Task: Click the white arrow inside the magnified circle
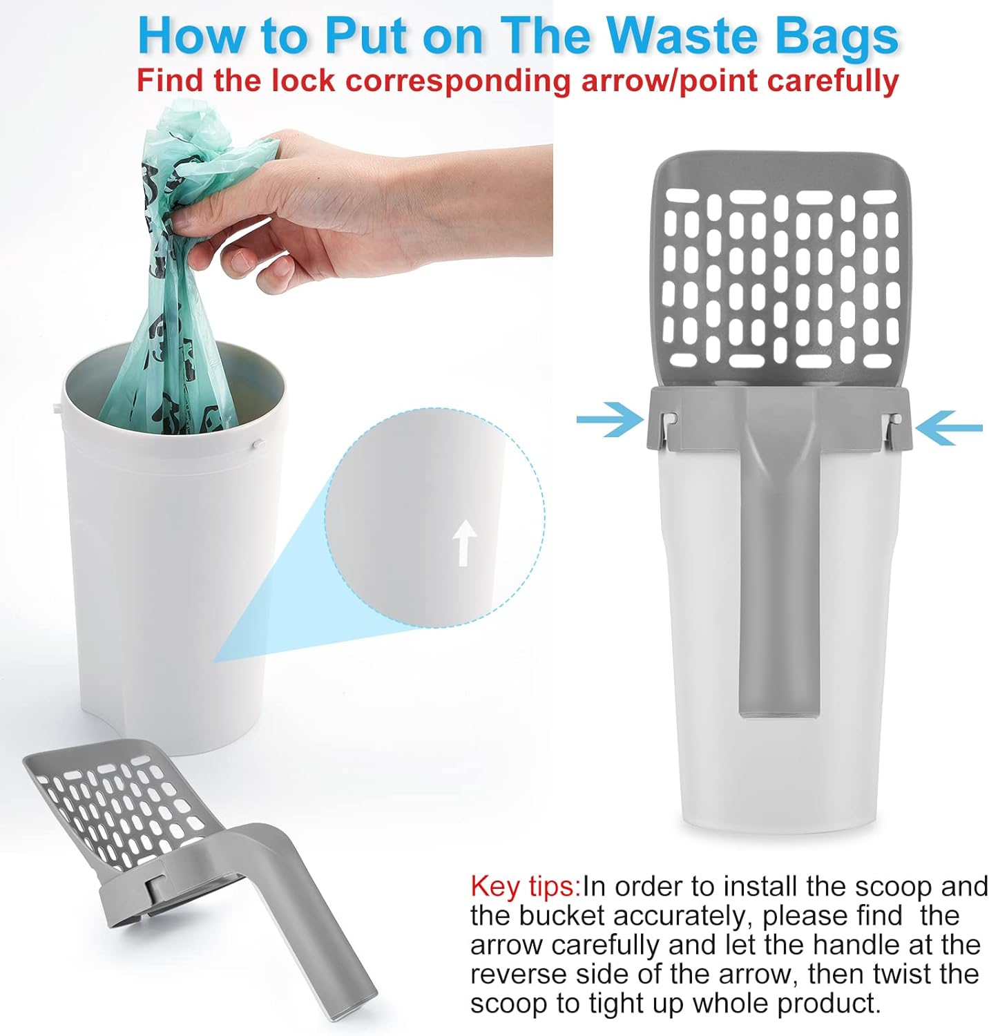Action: coord(465,543)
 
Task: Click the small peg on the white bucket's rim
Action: coord(257,444)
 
